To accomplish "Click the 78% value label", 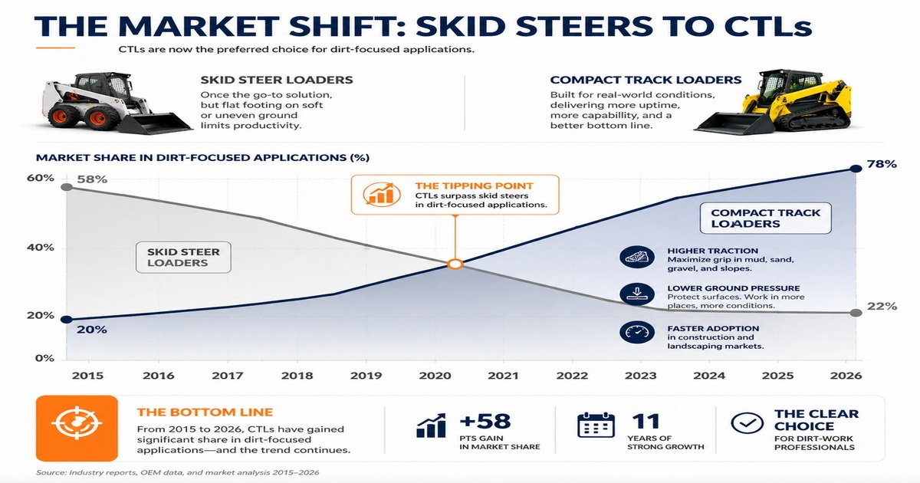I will (880, 166).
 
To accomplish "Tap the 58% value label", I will (91, 179).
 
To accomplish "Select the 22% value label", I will (882, 307).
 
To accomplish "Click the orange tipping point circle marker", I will (454, 264).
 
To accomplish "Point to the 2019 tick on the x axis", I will (365, 376).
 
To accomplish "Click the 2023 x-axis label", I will (640, 376).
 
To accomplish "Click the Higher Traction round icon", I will (634, 258).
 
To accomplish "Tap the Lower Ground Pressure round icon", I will (634, 294).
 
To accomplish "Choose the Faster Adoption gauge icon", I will (634, 332).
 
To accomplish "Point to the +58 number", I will (485, 422).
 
